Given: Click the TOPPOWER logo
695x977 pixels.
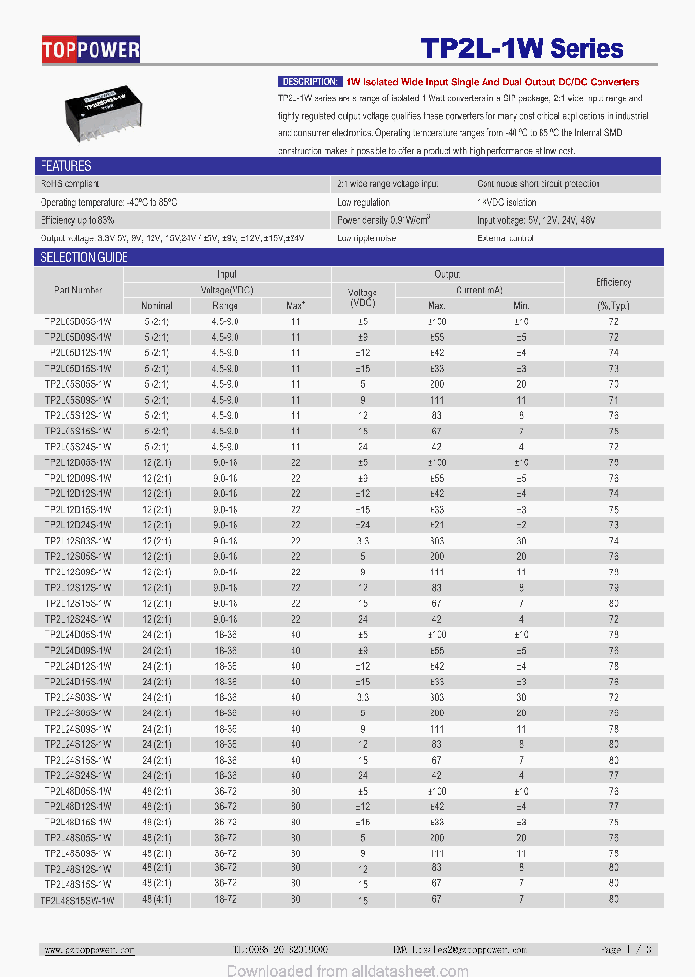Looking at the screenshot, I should [92, 49].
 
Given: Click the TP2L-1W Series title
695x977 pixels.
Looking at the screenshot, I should [521, 49].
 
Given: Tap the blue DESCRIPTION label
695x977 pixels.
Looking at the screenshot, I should [310, 82].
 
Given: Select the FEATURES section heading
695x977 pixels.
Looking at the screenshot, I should [66, 166].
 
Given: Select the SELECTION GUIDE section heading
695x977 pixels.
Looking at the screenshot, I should [84, 258].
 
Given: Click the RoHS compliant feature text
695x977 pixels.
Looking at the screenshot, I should [69, 183].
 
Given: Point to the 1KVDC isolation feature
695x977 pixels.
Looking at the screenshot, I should [506, 202].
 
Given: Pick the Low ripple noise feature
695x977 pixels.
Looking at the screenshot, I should [366, 237].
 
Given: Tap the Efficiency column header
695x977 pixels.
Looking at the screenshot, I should [613, 282].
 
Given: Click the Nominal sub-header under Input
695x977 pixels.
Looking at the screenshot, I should [155, 305].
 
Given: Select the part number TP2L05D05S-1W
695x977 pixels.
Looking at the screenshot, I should [78, 321].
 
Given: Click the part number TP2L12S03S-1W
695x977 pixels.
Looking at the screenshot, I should [78, 541].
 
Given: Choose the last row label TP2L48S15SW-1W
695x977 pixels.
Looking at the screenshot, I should [77, 900].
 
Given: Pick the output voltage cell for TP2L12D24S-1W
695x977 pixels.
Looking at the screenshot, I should [362, 525].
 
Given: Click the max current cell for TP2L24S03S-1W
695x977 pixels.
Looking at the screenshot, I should [437, 697].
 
